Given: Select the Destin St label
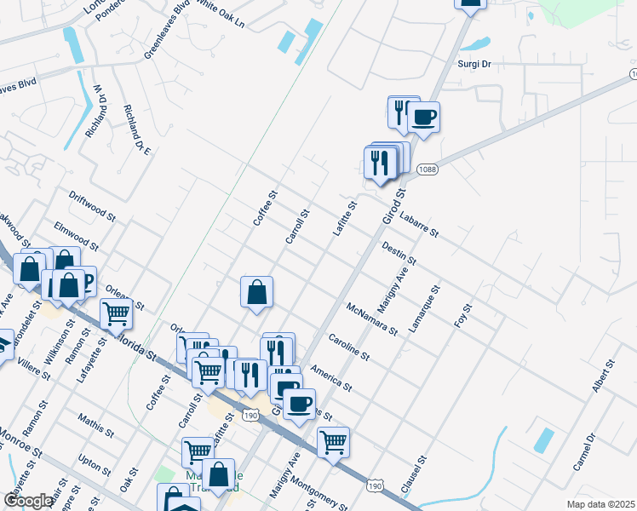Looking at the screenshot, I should coord(399,252).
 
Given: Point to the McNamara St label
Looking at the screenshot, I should coord(372,319).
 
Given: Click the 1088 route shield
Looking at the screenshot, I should coord(428,169).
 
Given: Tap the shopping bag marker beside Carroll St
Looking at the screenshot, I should coord(256,293).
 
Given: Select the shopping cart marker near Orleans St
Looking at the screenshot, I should coord(117,313).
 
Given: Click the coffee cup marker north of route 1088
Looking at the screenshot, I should coord(423,117).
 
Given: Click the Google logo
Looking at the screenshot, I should coord(29,501).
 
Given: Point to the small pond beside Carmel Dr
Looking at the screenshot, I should coord(542,440).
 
